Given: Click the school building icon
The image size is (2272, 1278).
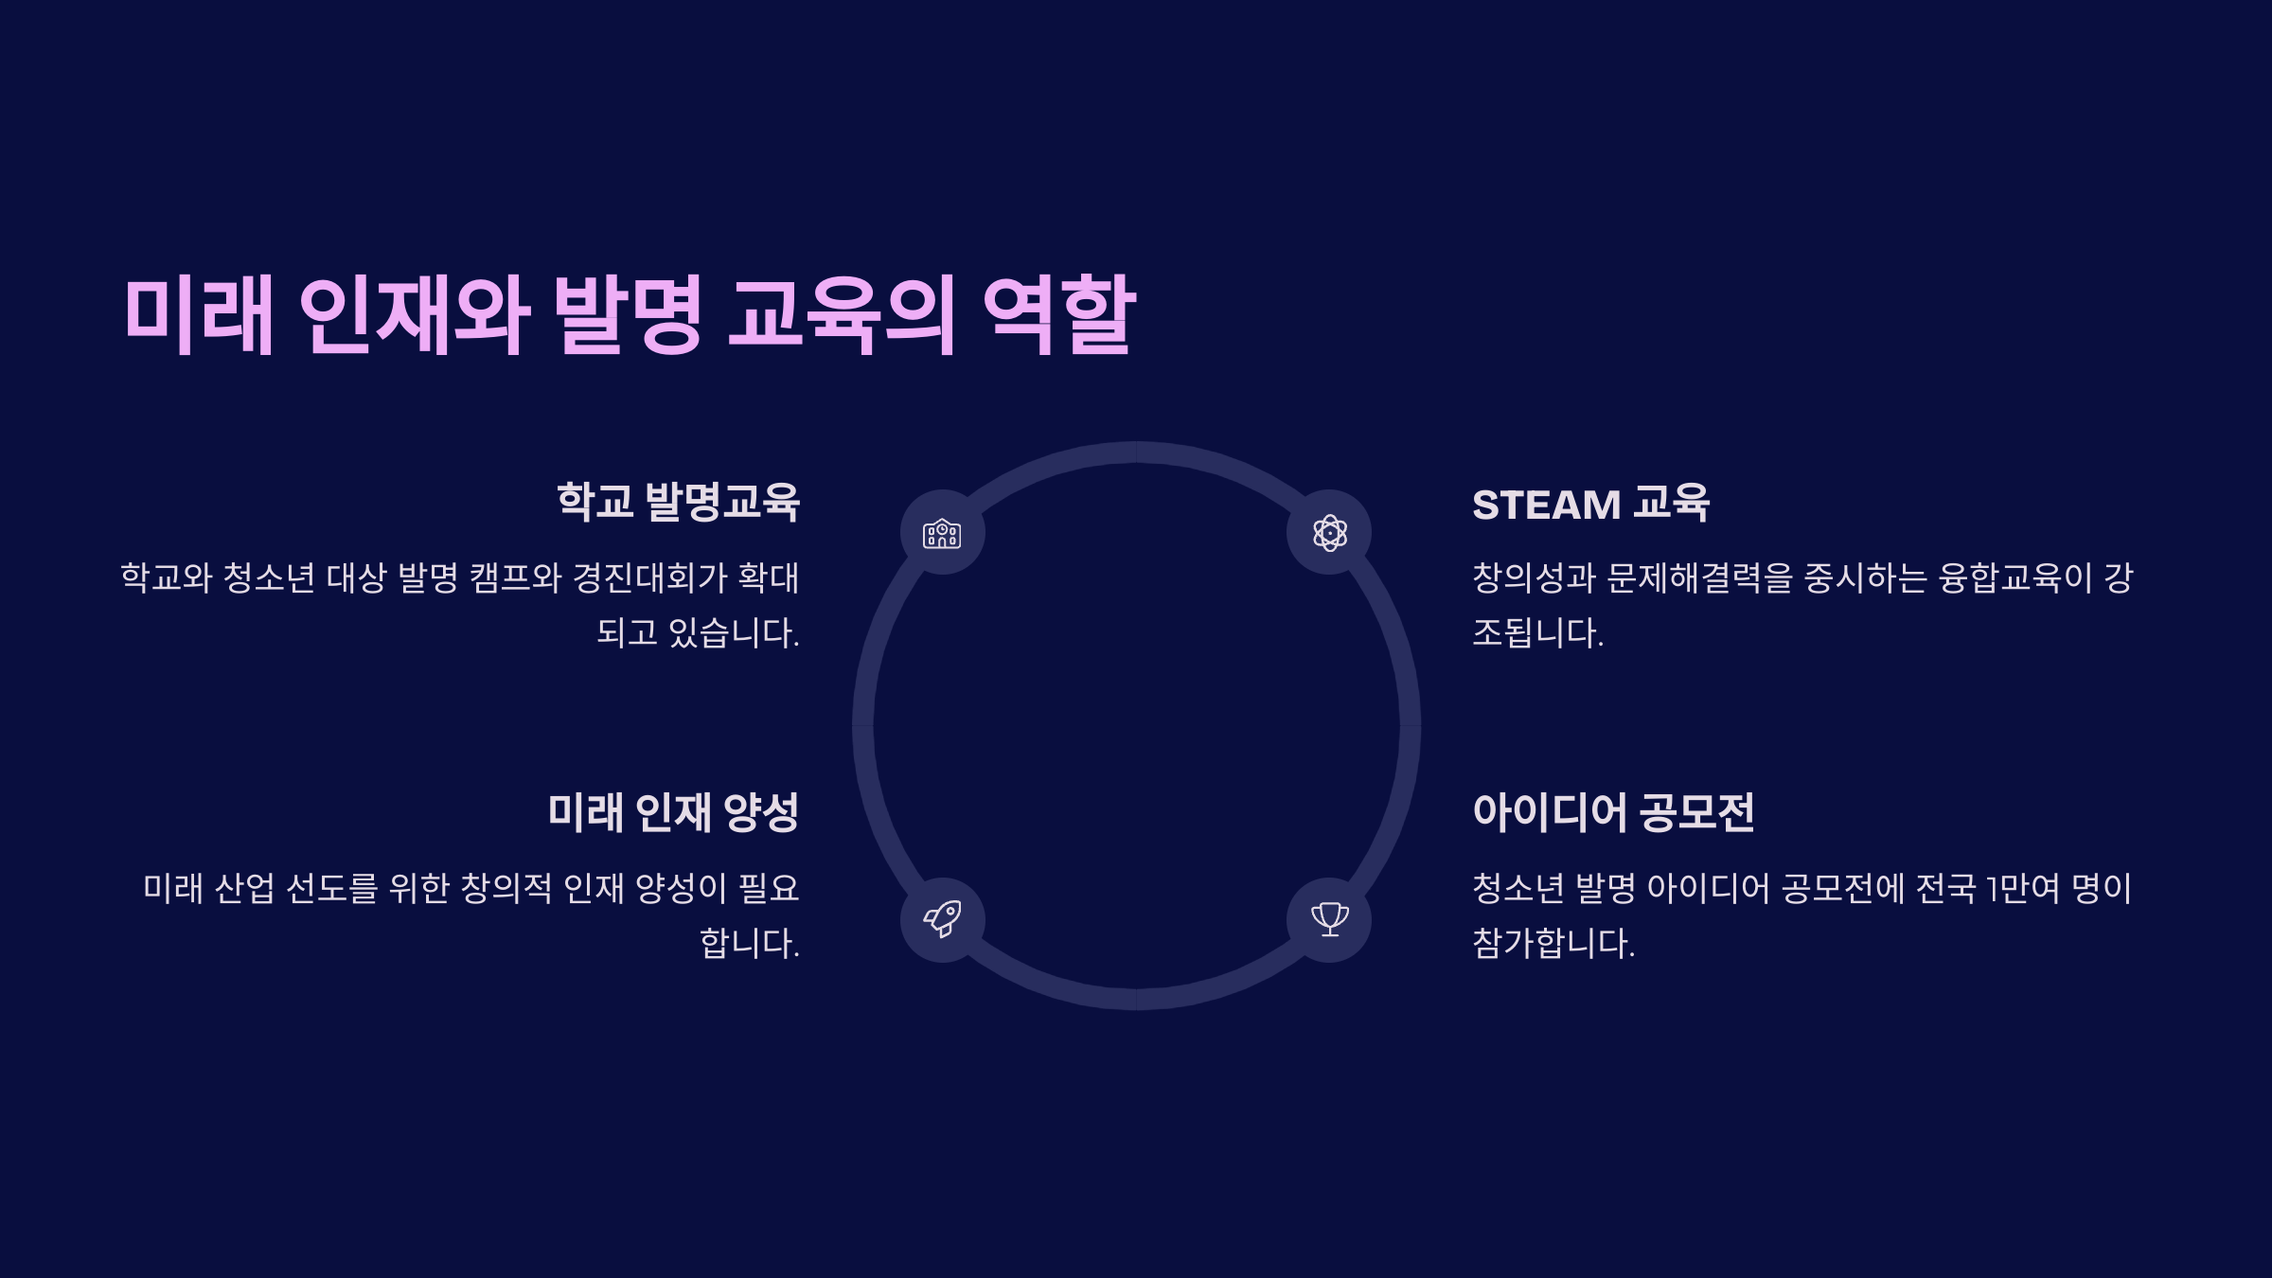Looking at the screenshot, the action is click(x=942, y=533).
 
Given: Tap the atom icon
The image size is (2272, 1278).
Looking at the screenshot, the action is click(x=1329, y=533).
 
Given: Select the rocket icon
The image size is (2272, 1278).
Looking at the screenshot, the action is click(x=942, y=919).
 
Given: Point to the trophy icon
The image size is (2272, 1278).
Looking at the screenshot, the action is click(x=1329, y=919).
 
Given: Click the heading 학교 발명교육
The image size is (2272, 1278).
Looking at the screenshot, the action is click(x=678, y=502).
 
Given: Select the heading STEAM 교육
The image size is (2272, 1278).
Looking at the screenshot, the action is click(x=1590, y=504).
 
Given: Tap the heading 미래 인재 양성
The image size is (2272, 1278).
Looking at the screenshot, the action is click(x=673, y=812).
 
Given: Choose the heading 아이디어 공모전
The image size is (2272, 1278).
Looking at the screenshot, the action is click(x=1613, y=812).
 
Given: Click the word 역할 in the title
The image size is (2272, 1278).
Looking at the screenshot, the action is click(x=1059, y=315).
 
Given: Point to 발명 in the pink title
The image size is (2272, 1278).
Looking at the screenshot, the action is click(x=628, y=315).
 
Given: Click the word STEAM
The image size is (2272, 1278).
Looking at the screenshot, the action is click(x=1546, y=505).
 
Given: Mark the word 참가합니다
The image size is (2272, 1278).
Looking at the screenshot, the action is click(x=1553, y=943).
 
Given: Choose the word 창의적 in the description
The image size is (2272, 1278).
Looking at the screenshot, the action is click(x=506, y=888).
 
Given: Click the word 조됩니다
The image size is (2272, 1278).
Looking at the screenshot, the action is click(x=1537, y=632).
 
